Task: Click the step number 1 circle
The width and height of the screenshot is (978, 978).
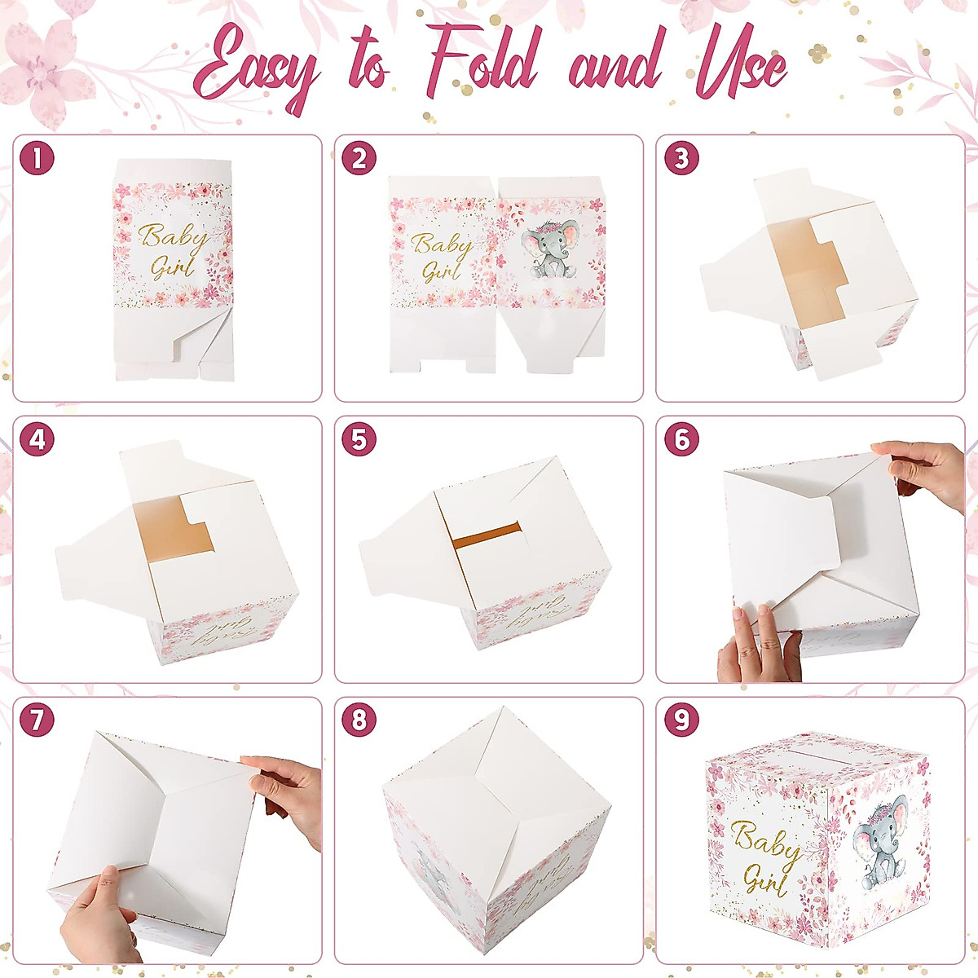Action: pos(37,158)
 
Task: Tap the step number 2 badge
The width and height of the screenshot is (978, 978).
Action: pos(359,158)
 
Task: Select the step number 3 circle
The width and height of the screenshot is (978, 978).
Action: pos(681,158)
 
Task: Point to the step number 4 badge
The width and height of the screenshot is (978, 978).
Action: pos(37,440)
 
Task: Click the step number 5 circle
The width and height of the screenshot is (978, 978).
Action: pos(359,440)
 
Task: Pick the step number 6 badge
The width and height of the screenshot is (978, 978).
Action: pos(681,440)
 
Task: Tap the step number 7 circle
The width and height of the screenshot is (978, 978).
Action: pos(37,720)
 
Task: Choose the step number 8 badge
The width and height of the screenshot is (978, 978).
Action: pos(359,720)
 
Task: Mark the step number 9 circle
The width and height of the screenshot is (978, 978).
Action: pos(681,720)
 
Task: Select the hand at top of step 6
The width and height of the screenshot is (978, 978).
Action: pos(925,473)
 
